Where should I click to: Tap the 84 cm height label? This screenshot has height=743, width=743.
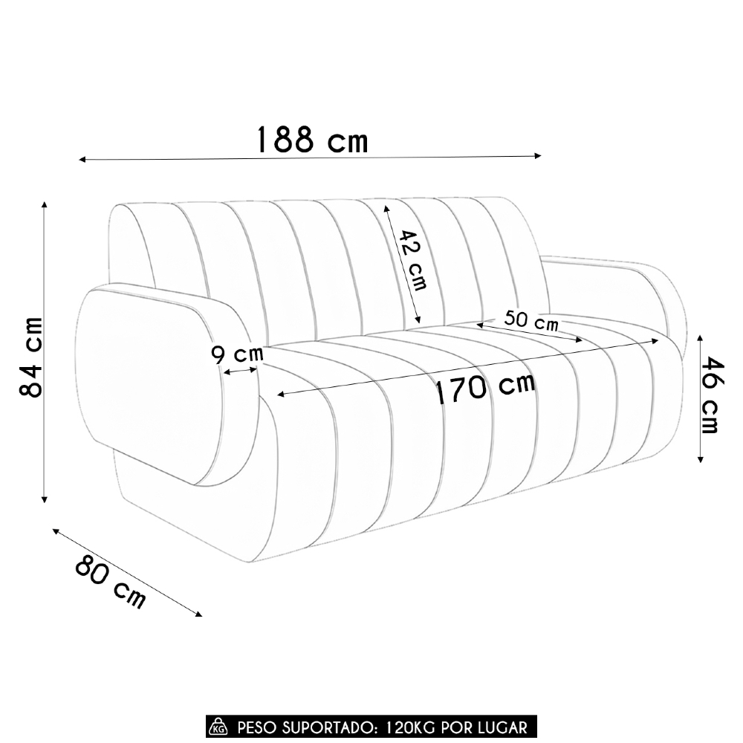(x=30, y=356)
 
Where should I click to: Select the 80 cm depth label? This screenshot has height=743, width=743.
(x=110, y=582)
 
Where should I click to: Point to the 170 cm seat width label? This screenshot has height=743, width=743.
(x=484, y=388)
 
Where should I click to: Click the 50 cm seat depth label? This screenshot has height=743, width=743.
(x=531, y=321)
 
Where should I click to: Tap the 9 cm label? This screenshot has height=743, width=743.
(x=237, y=354)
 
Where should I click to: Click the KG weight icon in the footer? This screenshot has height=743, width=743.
(x=218, y=726)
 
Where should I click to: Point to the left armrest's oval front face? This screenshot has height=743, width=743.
(x=149, y=379)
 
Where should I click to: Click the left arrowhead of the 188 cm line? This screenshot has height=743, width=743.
(x=81, y=160)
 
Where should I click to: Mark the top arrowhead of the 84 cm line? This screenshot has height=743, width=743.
(x=45, y=204)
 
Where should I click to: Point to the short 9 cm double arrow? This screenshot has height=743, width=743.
(x=241, y=371)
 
